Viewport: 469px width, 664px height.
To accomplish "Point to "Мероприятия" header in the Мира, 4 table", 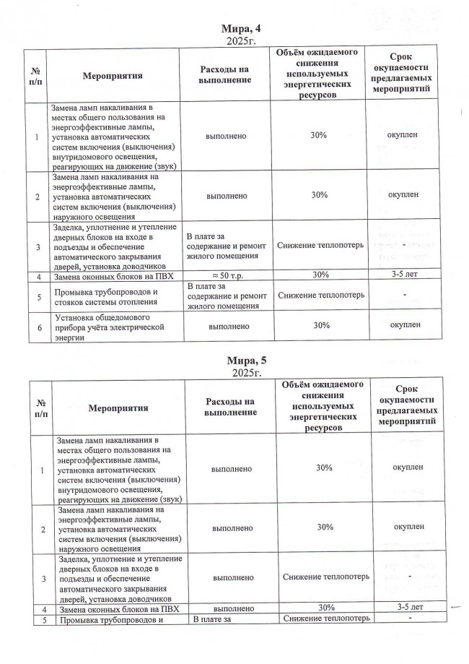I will pos(113,74).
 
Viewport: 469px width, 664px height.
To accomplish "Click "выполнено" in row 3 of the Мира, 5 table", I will pos(232,578).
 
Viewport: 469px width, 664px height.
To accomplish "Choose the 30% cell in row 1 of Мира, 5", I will pos(324,468).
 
